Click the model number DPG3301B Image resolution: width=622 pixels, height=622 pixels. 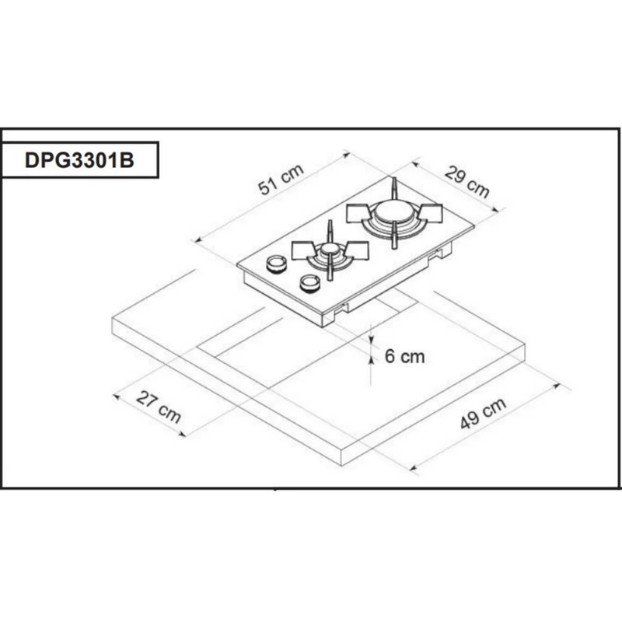click(80, 160)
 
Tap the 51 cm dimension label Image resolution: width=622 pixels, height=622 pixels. click(281, 181)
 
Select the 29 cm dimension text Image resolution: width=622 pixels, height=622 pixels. click(467, 182)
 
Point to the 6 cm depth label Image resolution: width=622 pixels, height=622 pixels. click(405, 356)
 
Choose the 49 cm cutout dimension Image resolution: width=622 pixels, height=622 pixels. click(483, 414)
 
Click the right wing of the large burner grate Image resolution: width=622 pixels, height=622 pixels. click(429, 213)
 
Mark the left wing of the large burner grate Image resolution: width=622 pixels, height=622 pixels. click(358, 211)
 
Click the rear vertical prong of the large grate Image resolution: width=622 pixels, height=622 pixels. click(393, 189)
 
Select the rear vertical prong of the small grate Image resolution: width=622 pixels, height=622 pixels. click(330, 231)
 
